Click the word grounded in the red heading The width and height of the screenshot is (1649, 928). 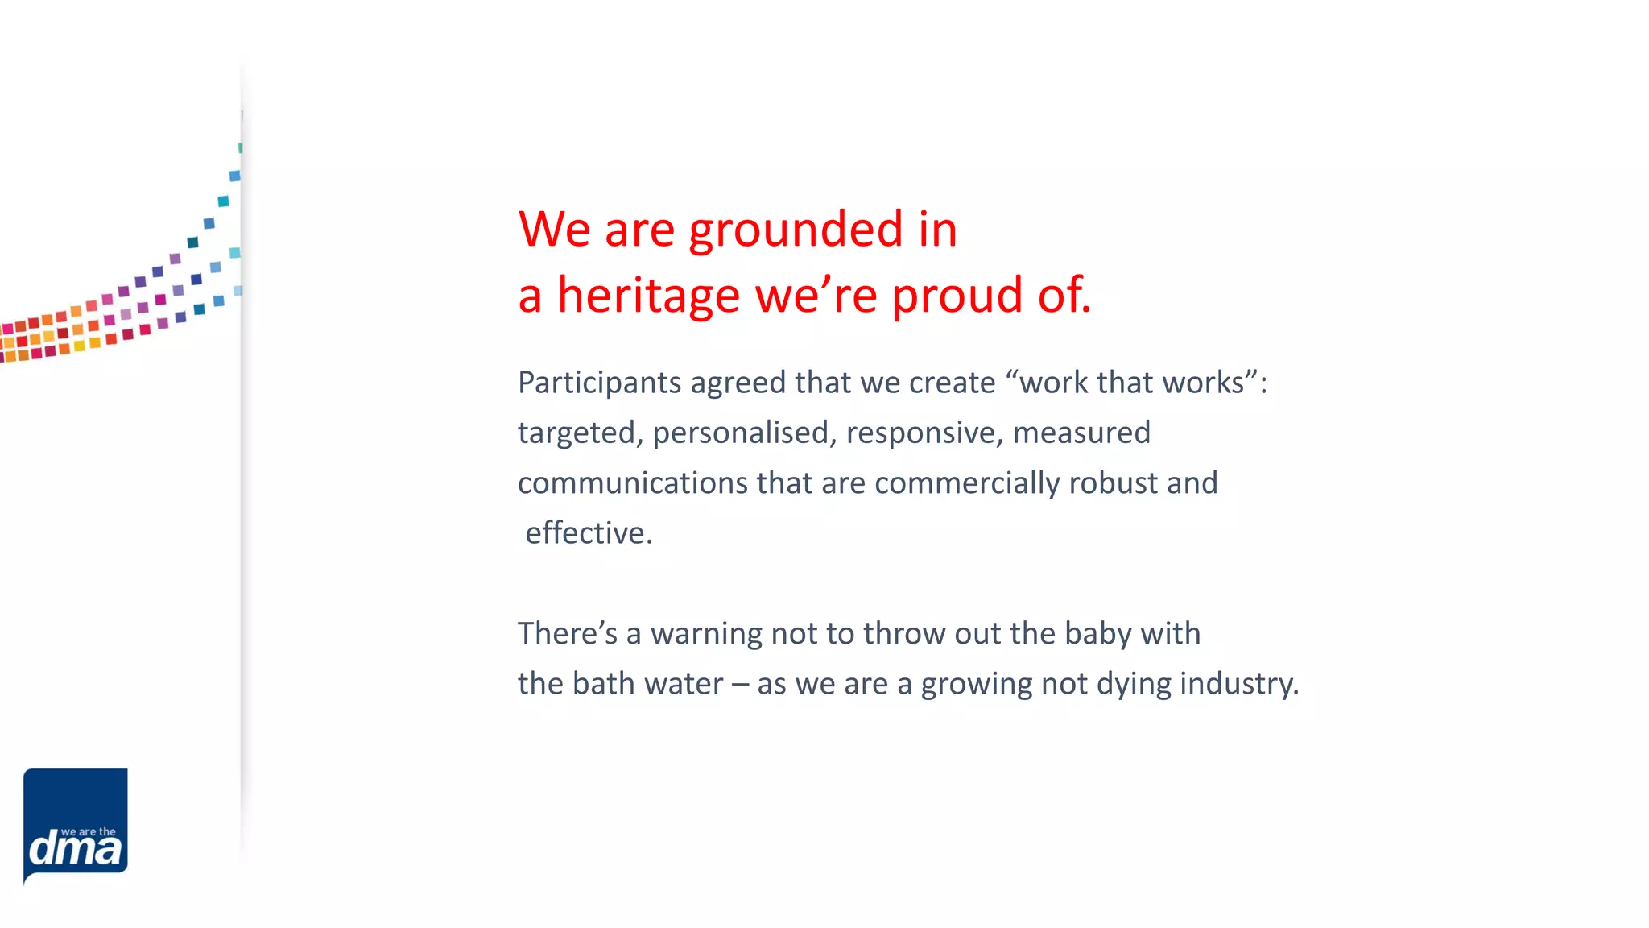(796, 230)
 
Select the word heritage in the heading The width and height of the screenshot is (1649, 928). (648, 296)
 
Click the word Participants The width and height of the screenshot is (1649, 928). (599, 383)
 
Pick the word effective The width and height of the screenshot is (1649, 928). (588, 533)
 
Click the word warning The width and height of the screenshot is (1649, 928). (706, 634)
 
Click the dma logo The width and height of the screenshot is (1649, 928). (76, 825)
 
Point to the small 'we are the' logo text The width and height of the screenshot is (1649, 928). (88, 831)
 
